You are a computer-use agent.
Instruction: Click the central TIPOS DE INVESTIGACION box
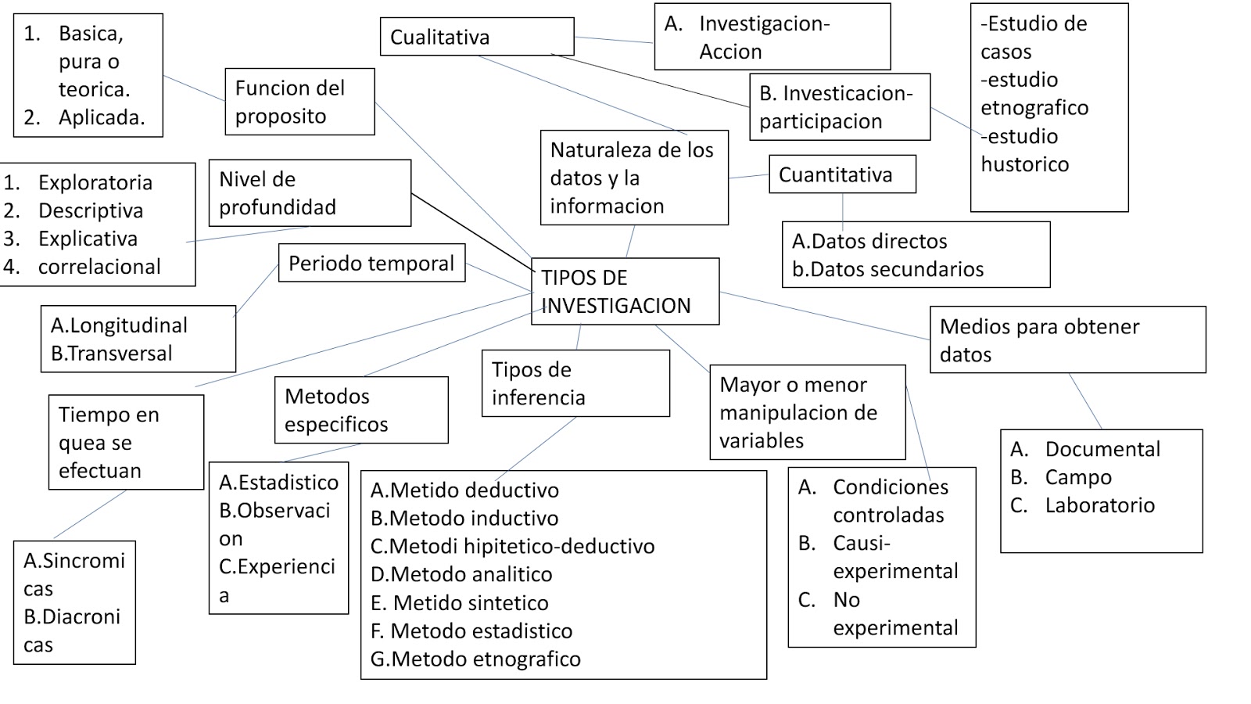click(624, 291)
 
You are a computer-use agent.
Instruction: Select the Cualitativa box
click(476, 37)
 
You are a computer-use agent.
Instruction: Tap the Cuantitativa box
click(841, 174)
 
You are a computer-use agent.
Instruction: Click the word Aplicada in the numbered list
click(102, 118)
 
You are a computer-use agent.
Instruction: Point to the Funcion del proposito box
click(299, 102)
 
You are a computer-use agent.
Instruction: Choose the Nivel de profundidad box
click(309, 193)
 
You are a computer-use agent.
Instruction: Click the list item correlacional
click(99, 267)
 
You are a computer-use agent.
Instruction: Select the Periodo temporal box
click(371, 263)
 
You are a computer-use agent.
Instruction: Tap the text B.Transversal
click(112, 354)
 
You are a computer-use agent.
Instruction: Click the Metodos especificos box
click(360, 410)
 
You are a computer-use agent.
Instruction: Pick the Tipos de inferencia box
click(575, 383)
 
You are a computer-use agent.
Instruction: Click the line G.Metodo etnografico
click(475, 659)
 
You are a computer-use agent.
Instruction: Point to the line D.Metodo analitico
click(461, 575)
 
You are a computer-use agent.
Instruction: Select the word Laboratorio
click(1099, 505)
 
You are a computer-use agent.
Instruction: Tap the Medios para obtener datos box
click(1066, 339)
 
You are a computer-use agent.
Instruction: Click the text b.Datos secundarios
click(887, 270)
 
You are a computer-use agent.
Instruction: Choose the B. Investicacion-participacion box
click(839, 107)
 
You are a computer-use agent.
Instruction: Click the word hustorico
click(1024, 165)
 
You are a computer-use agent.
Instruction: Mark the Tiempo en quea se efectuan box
click(126, 442)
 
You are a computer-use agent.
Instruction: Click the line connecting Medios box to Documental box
click(1085, 401)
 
